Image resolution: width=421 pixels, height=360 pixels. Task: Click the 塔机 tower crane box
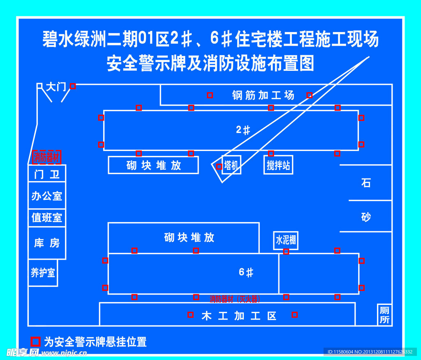(x=231, y=165)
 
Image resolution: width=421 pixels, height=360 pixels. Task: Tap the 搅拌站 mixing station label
(x=278, y=165)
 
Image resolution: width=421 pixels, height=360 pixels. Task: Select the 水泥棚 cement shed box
(x=286, y=240)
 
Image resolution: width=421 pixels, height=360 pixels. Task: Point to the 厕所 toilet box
(x=384, y=315)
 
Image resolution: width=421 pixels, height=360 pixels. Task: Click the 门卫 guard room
(x=47, y=174)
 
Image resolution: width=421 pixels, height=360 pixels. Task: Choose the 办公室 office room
(x=47, y=196)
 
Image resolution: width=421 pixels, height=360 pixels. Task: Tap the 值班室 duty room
(x=47, y=217)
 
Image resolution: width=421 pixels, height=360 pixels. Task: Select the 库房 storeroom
(x=47, y=243)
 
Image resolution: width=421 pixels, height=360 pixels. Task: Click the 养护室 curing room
(x=43, y=272)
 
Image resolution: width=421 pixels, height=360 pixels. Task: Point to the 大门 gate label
(x=56, y=87)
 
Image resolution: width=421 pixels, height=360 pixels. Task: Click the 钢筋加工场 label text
(x=263, y=95)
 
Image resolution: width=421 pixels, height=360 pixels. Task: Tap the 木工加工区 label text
(x=239, y=316)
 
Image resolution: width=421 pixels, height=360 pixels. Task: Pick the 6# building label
(x=246, y=272)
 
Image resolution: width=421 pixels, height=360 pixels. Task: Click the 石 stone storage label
(x=365, y=183)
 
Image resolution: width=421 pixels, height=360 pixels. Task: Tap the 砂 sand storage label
(x=365, y=217)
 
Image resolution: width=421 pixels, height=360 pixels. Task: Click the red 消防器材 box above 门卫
(x=47, y=157)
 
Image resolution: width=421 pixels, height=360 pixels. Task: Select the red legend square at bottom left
(x=36, y=341)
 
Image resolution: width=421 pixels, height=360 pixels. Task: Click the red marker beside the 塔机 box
(x=219, y=167)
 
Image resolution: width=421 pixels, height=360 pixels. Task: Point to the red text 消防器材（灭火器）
(x=235, y=299)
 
